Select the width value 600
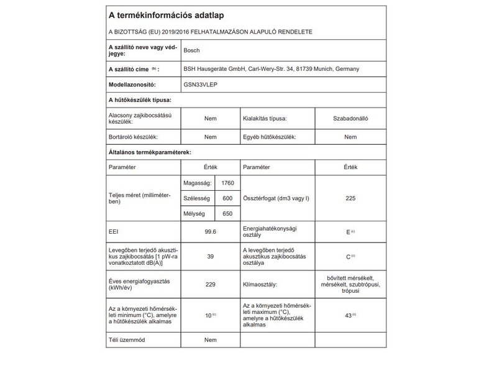click(x=227, y=198)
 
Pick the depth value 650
click(x=227, y=213)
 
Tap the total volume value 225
click(x=350, y=198)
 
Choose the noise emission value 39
click(x=210, y=256)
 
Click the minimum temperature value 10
click(x=209, y=316)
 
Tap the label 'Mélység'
click(x=195, y=213)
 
